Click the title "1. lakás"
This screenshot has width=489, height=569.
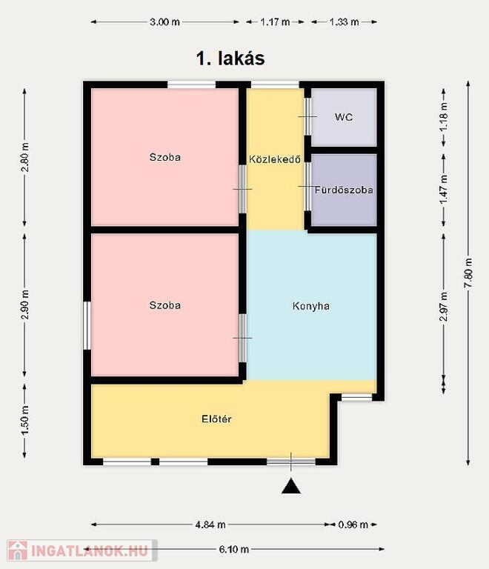coord(230,59)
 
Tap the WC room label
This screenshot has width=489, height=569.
coord(344,117)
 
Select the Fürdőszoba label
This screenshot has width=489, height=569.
coord(344,190)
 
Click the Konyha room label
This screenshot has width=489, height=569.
coord(311,306)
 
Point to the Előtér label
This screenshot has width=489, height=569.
coord(216,419)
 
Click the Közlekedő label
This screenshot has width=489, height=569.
coord(275,159)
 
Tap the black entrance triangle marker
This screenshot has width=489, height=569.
coord(291,486)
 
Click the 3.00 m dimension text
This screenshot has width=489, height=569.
coord(164,21)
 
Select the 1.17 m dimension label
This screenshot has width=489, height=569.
coord(275,21)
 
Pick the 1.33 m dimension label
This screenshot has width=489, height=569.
coord(344,21)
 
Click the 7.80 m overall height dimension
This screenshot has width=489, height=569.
coord(468,273)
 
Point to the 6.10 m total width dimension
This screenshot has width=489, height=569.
coord(234,549)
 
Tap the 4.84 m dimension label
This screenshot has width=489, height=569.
coord(210,525)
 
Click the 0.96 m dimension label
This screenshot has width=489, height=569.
coord(353,525)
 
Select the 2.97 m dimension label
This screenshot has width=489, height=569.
coord(443,307)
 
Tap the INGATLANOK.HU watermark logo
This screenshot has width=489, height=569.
coord(82,550)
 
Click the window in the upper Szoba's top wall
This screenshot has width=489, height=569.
coord(192,85)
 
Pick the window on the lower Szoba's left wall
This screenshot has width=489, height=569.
coord(87,325)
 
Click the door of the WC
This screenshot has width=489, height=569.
coord(307,116)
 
